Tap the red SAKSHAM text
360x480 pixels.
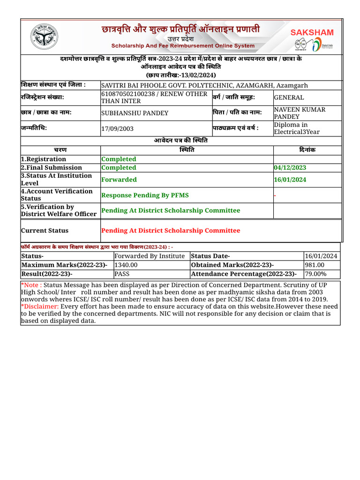(x=312, y=32)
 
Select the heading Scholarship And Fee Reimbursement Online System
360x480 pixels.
(x=183, y=46)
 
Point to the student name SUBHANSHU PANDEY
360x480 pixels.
(x=135, y=113)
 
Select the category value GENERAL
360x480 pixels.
(x=289, y=97)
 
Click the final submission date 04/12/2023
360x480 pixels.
(x=291, y=168)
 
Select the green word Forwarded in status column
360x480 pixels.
(x=119, y=180)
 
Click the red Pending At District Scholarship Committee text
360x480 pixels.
(x=171, y=231)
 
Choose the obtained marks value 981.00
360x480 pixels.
(x=314, y=265)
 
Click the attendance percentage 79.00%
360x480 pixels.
(x=316, y=274)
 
